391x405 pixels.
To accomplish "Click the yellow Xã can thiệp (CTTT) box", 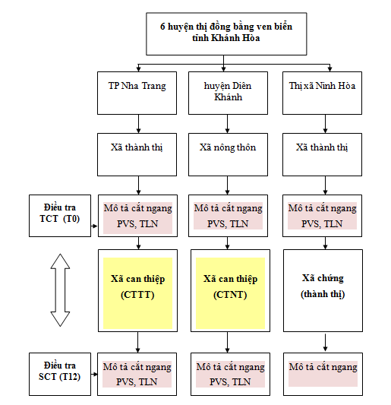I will pyautogui.click(x=137, y=288).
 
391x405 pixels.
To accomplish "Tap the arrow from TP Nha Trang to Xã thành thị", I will pyautogui.click(x=137, y=122).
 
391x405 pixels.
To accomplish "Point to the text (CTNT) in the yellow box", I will pyautogui.click(x=228, y=295).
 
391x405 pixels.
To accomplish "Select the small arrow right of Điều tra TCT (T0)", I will pyautogui.click(x=93, y=226).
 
